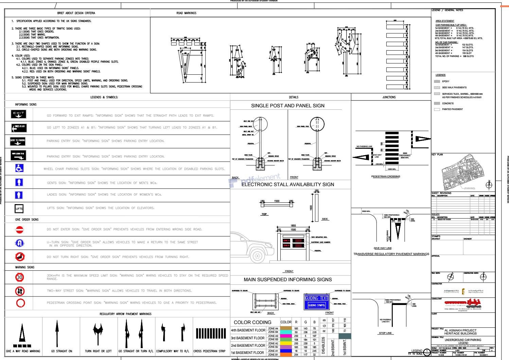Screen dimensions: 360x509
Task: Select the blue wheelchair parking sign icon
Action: pyautogui.click(x=19, y=168)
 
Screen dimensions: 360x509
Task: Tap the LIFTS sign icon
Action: pyautogui.click(x=19, y=208)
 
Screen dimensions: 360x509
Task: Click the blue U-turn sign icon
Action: pyautogui.click(x=20, y=243)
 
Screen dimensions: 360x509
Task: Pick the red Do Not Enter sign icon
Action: pyautogui.click(x=20, y=230)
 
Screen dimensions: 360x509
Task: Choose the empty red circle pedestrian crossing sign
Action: pyautogui.click(x=20, y=303)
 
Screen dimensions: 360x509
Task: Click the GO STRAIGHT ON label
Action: pyautogui.click(x=62, y=351)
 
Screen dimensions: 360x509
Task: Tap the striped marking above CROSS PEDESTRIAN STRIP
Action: pyautogui.click(x=211, y=333)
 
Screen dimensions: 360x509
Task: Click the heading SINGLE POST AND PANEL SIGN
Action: pyautogui.click(x=287, y=106)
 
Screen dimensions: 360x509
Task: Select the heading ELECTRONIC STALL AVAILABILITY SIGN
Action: pyautogui.click(x=287, y=184)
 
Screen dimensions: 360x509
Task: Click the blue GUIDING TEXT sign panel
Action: pyautogui.click(x=316, y=302)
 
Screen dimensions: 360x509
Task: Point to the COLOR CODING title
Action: pyautogui.click(x=252, y=322)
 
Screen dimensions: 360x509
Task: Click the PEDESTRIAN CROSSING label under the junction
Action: pyautogui.click(x=386, y=177)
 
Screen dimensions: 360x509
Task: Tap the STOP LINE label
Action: pyautogui.click(x=385, y=333)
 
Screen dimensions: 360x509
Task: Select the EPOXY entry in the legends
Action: pyautogui.click(x=445, y=82)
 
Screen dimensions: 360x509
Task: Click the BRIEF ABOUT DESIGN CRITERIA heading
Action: pyautogui.click(x=76, y=13)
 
